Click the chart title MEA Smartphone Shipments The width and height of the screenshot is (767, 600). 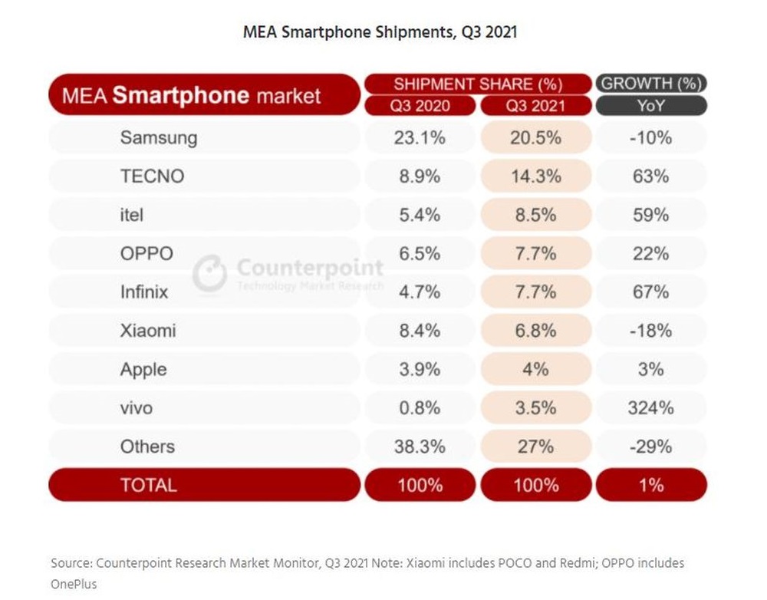[380, 32]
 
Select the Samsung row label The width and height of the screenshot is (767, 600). [158, 138]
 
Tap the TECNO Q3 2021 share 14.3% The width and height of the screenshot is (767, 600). [536, 176]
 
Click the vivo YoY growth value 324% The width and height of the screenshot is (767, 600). [650, 408]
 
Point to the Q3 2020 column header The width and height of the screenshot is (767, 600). [419, 106]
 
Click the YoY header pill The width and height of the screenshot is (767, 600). [650, 106]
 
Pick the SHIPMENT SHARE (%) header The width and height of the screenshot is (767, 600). [478, 84]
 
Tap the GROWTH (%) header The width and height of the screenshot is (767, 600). [650, 84]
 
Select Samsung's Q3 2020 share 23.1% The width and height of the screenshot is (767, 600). [419, 138]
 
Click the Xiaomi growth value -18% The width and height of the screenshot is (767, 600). [650, 331]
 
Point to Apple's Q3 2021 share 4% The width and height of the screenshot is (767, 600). [536, 369]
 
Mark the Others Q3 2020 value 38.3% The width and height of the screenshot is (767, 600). [419, 447]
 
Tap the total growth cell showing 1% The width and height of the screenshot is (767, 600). [650, 485]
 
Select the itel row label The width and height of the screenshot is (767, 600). [131, 215]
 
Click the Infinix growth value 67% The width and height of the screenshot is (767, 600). [650, 292]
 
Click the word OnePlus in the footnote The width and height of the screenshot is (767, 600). [75, 584]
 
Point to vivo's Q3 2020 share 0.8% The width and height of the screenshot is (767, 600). [419, 408]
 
